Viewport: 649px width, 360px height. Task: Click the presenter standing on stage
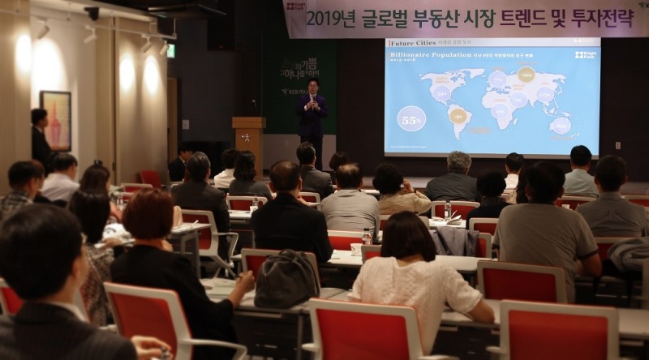pos(312,117)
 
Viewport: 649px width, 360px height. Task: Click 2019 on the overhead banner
pos(326,19)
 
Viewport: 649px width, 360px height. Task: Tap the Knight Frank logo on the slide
pos(584,55)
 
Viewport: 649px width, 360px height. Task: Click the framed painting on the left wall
pos(55,119)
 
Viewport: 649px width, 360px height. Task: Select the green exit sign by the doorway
pos(170,50)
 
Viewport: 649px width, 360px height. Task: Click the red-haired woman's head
pos(148,214)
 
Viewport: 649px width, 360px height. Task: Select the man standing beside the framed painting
pos(40,138)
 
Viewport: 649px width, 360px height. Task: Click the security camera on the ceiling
pos(92,13)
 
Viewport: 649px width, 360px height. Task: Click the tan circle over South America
pos(458,115)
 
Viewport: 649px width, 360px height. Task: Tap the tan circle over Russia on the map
pos(526,75)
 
